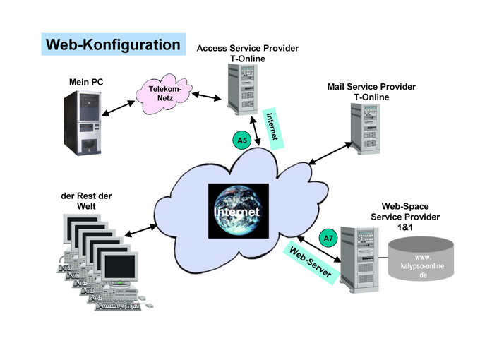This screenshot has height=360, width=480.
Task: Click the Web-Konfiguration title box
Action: pyautogui.click(x=113, y=45)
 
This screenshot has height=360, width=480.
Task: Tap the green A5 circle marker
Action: pyautogui.click(x=242, y=140)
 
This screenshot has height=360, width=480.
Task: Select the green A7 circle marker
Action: pyautogui.click(x=328, y=239)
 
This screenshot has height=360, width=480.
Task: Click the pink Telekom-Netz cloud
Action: pyautogui.click(x=164, y=95)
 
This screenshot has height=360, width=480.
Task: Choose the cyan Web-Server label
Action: pyautogui.click(x=311, y=263)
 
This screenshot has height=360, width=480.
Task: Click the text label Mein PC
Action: pyautogui.click(x=85, y=83)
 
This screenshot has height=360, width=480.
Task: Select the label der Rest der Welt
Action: pyautogui.click(x=86, y=200)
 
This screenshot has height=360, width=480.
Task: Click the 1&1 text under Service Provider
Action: pyautogui.click(x=409, y=227)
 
